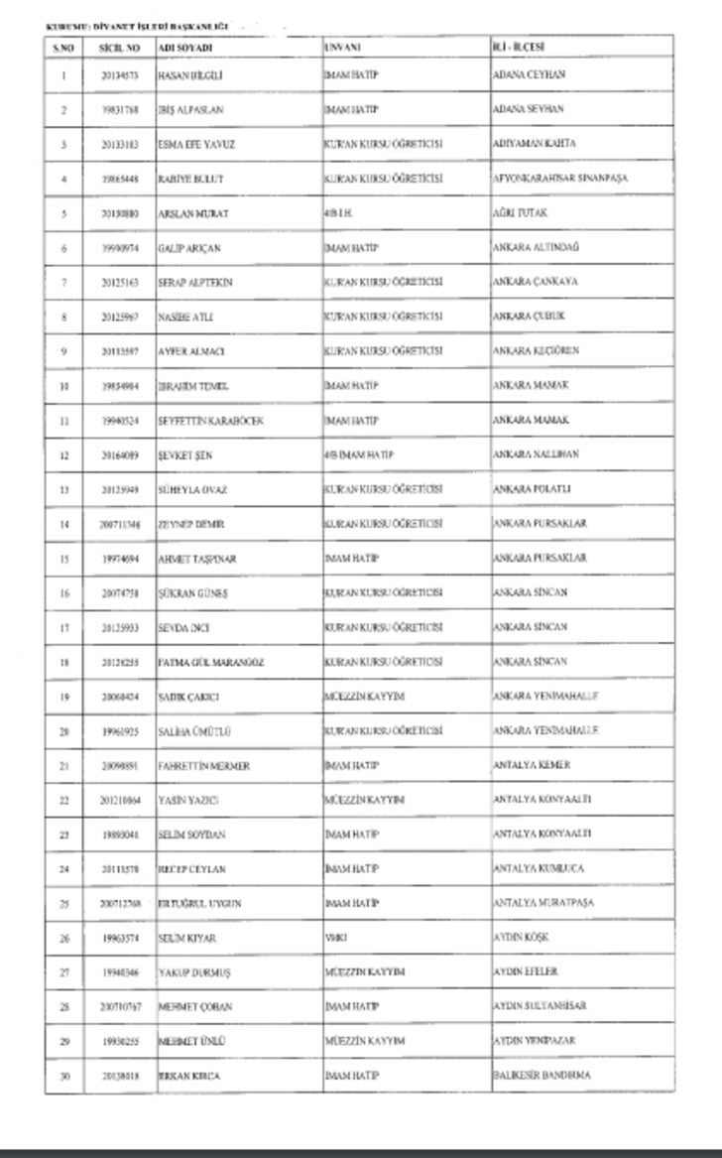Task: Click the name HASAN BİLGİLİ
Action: [184, 75]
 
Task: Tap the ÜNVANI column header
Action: [342, 47]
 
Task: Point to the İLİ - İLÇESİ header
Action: [519, 47]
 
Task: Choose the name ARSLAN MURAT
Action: [185, 213]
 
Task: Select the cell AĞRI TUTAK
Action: [520, 212]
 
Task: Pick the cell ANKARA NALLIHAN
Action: [536, 453]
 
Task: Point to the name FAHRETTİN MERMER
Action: [203, 766]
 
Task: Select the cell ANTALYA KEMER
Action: [531, 765]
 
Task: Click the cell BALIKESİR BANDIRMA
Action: [541, 1075]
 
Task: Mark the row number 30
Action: [63, 1076]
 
